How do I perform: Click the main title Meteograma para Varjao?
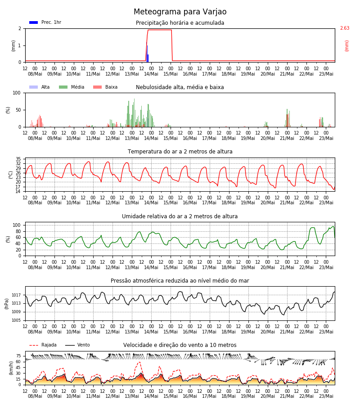[180, 12]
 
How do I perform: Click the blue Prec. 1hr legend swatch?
[34, 22]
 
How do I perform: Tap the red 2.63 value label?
[345, 28]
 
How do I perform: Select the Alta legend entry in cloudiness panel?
[39, 87]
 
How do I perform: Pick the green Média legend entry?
[72, 87]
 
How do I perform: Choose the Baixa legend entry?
[105, 87]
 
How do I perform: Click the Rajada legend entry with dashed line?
[43, 345]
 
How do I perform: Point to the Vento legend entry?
[77, 345]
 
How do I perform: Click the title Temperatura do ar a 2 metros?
[180, 152]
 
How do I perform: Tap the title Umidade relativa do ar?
[180, 216]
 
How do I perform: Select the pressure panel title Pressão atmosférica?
[180, 281]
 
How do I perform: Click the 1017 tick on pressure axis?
[16, 295]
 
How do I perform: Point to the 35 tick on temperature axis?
[18, 159]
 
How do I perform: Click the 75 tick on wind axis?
[18, 356]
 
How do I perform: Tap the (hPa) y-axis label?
[7, 304]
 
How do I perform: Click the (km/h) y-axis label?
[11, 368]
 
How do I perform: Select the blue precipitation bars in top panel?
[147, 53]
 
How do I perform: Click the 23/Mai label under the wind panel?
[326, 396]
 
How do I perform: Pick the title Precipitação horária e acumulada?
[180, 23]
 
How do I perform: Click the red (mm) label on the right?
[346, 46]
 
